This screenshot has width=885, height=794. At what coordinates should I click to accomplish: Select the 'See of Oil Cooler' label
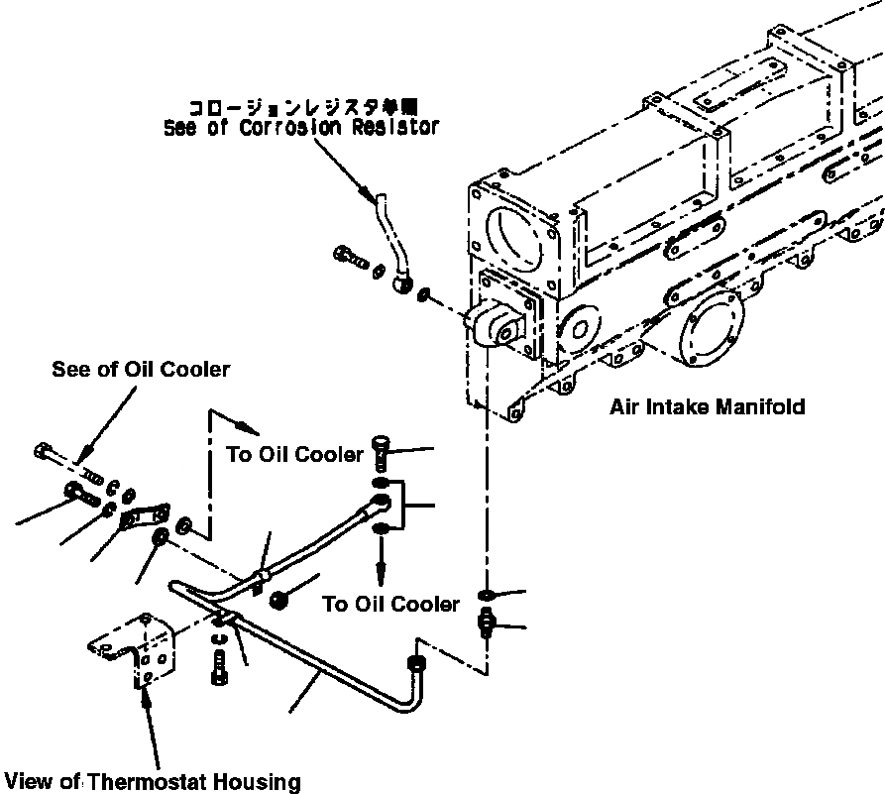click(x=141, y=370)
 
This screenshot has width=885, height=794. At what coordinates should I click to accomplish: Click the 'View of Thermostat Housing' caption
click(x=151, y=781)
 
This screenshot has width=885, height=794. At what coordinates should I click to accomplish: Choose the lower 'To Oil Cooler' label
click(x=391, y=603)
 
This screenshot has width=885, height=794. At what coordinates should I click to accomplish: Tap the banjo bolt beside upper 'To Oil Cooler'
click(x=383, y=452)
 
